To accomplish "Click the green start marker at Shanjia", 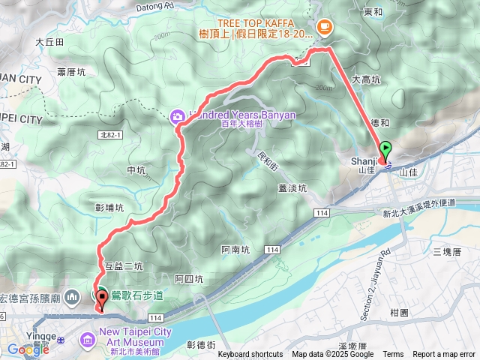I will pyautogui.click(x=385, y=149).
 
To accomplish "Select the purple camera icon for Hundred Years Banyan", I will pyautogui.click(x=177, y=115).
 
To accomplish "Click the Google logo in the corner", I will pyautogui.click(x=28, y=349).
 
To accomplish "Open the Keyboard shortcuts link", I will pyautogui.click(x=250, y=355).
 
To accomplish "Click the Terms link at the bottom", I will pyautogui.click(x=393, y=355).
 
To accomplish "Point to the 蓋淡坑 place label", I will pyautogui.click(x=292, y=188).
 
